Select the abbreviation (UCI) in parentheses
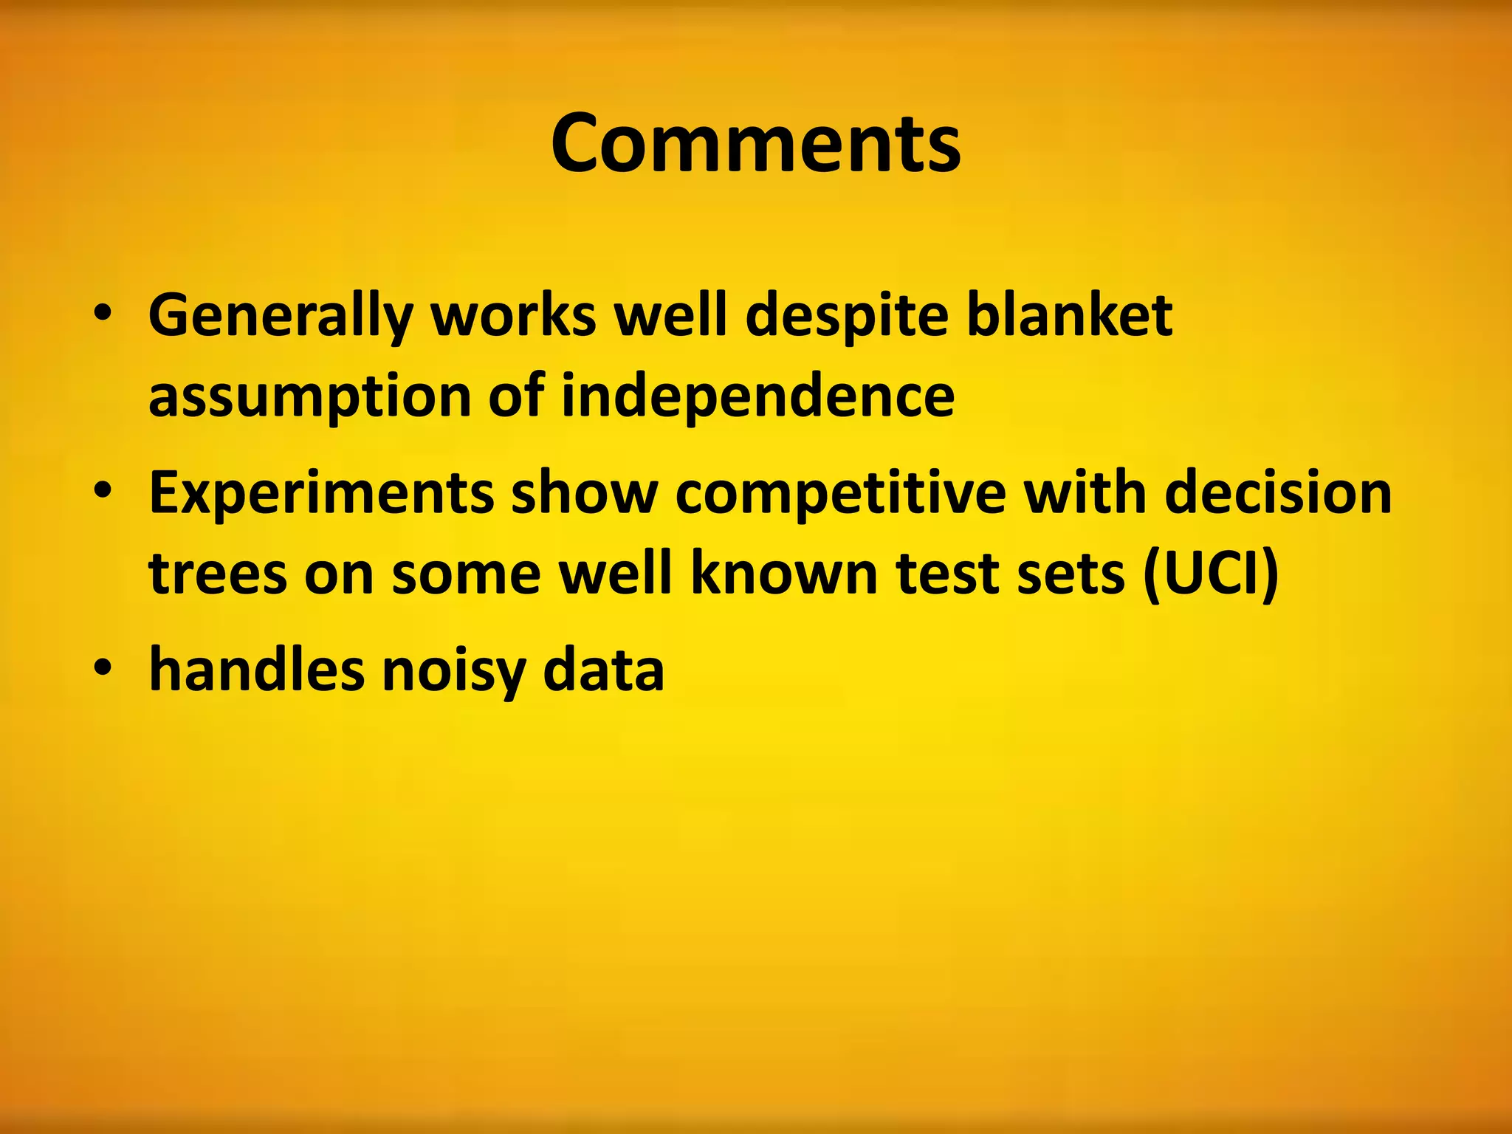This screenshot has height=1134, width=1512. coord(1210,574)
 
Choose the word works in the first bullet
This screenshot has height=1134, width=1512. coord(513,315)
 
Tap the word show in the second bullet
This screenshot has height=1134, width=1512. coord(584,493)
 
